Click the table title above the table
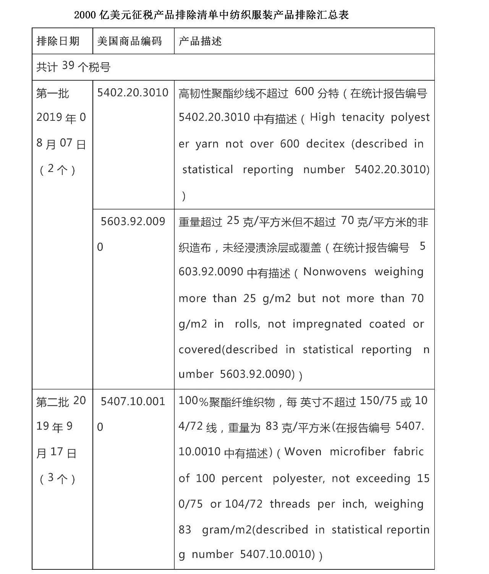point(211,15)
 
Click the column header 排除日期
point(58,41)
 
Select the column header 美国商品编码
point(130,41)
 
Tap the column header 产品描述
point(200,41)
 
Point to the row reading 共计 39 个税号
point(73,67)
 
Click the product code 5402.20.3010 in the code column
point(133,92)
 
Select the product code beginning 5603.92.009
point(133,222)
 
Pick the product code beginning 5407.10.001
point(133,402)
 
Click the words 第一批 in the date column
point(53,93)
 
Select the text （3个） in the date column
point(58,478)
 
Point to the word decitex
point(325,144)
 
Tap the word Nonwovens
point(335,272)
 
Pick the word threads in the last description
point(290,504)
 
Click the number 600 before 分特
point(304,92)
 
